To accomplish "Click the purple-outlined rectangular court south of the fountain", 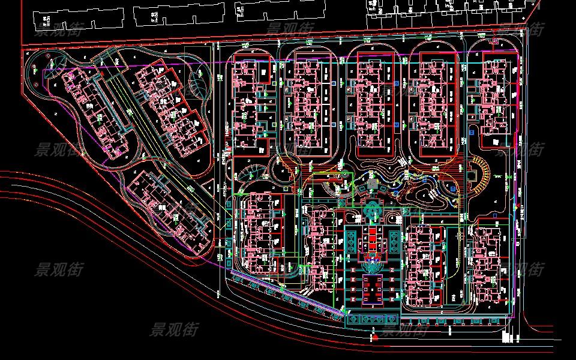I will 373,288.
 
